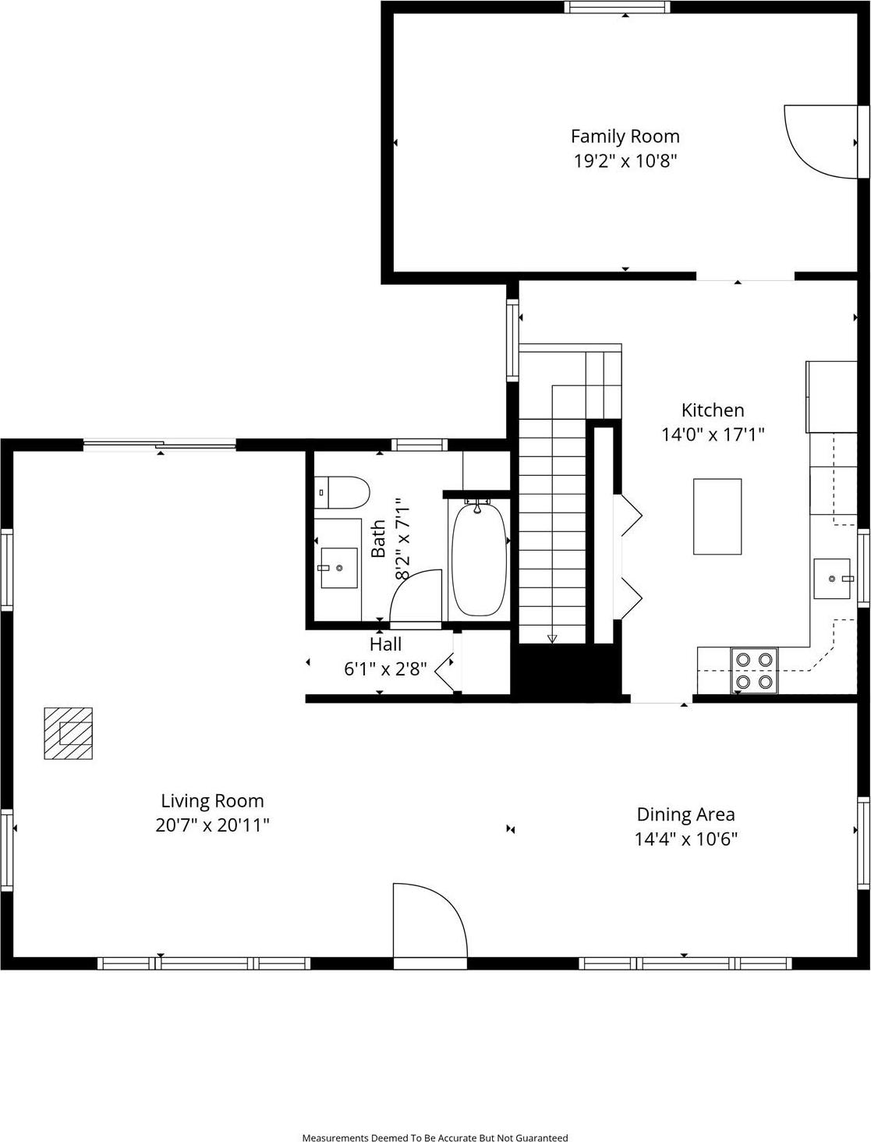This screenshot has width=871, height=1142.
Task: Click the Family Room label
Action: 625,137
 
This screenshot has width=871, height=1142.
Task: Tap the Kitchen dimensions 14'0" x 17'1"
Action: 713,434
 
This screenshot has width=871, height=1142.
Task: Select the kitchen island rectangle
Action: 717,516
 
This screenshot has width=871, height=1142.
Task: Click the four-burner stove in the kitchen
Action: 754,671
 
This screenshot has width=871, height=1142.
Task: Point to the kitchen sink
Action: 831,578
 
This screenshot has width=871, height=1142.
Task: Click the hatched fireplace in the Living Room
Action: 69,733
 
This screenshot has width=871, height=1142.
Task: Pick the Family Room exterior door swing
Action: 819,141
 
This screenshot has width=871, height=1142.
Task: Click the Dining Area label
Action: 685,814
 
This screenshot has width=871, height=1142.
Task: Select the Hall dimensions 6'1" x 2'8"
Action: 385,669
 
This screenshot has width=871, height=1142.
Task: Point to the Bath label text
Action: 378,538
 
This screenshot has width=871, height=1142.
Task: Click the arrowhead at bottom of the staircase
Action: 552,639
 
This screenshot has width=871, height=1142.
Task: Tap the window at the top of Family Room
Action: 618,7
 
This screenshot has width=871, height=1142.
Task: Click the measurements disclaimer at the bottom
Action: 435,1137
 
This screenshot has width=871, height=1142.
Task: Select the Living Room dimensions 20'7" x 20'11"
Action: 212,825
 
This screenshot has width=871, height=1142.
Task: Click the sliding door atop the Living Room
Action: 159,445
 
